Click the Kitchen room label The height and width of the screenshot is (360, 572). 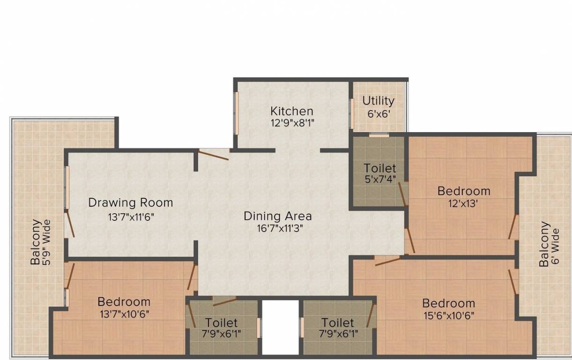pyautogui.click(x=291, y=111)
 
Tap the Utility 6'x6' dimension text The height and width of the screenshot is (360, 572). pyautogui.click(x=378, y=113)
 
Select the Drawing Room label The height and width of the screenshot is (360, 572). pyautogui.click(x=131, y=202)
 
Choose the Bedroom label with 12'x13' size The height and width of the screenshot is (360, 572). pyautogui.click(x=464, y=191)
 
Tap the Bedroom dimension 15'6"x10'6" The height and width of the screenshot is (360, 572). pyautogui.click(x=448, y=315)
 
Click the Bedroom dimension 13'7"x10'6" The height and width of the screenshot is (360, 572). pyautogui.click(x=124, y=314)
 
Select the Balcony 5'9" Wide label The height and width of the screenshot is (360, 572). pyautogui.click(x=41, y=242)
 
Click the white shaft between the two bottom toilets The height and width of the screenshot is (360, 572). pyautogui.click(x=280, y=327)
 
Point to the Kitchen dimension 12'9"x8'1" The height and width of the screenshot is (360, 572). pyautogui.click(x=291, y=123)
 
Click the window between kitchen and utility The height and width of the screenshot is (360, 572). pyautogui.click(x=351, y=113)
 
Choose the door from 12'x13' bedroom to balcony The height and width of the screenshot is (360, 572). pyautogui.click(x=513, y=227)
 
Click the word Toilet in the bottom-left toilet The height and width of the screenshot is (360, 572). pyautogui.click(x=222, y=322)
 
